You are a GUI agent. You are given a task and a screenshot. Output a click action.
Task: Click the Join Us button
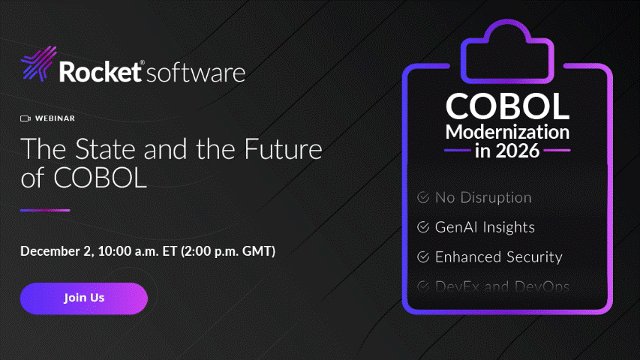[84, 298]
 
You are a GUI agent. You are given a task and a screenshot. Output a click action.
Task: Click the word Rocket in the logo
[101, 73]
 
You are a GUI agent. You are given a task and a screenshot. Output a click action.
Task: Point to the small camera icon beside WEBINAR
[25, 118]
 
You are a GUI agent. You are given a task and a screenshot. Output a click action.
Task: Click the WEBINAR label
[55, 118]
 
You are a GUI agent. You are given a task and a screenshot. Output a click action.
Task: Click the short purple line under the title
[45, 210]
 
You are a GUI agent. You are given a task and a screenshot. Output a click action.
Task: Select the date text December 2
[55, 250]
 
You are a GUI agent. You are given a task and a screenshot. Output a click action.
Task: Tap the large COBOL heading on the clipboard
[507, 106]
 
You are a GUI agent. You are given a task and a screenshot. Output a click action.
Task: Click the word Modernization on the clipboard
[507, 132]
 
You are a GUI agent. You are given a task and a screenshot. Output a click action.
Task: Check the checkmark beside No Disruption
[423, 198]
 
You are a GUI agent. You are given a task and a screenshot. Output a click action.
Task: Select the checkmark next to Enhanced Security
[423, 256]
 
